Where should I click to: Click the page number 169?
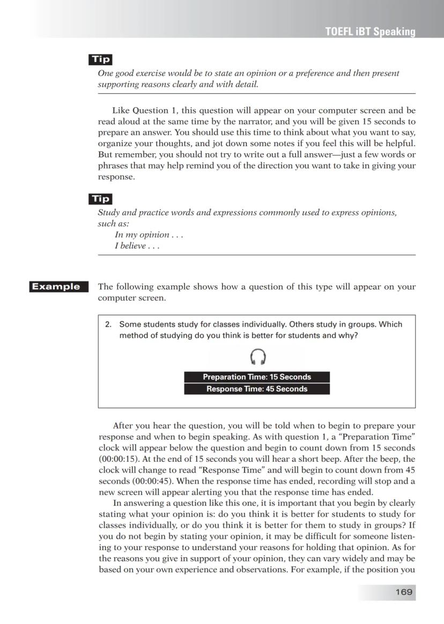[403, 592]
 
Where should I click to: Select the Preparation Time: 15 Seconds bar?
[257, 377]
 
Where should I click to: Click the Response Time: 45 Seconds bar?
[257, 389]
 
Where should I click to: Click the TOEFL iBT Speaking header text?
[370, 32]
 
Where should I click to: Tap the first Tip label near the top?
[100, 60]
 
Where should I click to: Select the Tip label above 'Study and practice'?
[100, 199]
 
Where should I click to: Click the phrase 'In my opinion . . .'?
[149, 235]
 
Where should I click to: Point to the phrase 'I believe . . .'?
[137, 246]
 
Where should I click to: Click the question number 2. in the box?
[108, 325]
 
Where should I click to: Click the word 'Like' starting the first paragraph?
[121, 111]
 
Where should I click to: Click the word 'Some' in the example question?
[129, 325]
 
